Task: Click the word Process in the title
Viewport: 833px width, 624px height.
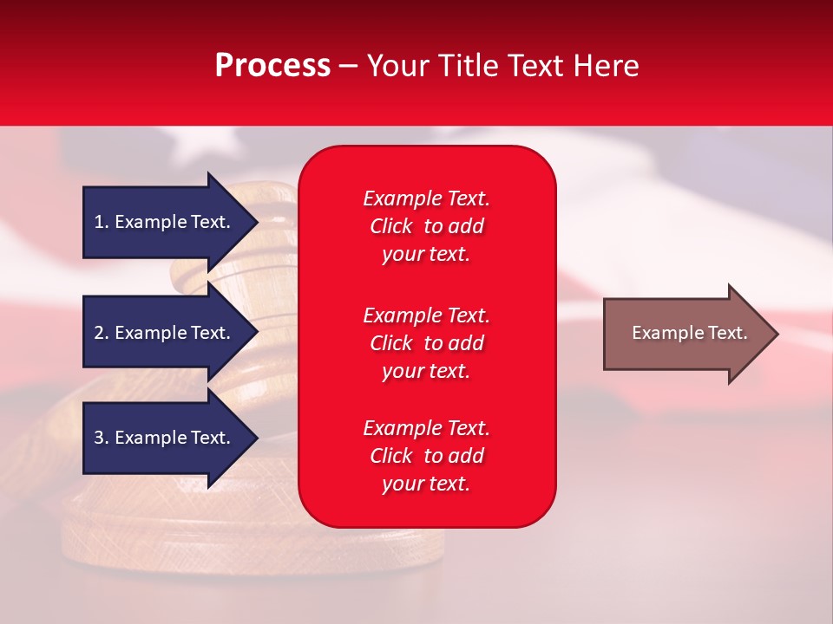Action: pyautogui.click(x=272, y=66)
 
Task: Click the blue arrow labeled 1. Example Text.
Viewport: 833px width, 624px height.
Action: pyautogui.click(x=165, y=222)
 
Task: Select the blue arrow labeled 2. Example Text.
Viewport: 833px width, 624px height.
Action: pyautogui.click(x=165, y=333)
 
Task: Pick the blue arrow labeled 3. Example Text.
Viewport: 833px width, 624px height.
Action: pyautogui.click(x=165, y=438)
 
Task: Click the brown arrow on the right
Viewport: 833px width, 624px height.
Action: pyautogui.click(x=685, y=334)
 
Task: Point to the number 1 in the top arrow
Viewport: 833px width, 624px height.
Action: pyautogui.click(x=99, y=222)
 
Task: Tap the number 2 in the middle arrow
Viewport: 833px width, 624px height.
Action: pyautogui.click(x=99, y=333)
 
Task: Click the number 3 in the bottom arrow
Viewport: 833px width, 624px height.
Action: pyautogui.click(x=99, y=438)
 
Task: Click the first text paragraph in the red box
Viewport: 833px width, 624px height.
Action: pyautogui.click(x=426, y=226)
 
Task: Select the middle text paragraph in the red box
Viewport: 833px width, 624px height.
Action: pyautogui.click(x=426, y=343)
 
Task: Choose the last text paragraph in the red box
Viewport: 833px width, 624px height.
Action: pyautogui.click(x=426, y=456)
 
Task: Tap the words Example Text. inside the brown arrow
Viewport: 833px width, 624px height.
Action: pyautogui.click(x=689, y=333)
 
